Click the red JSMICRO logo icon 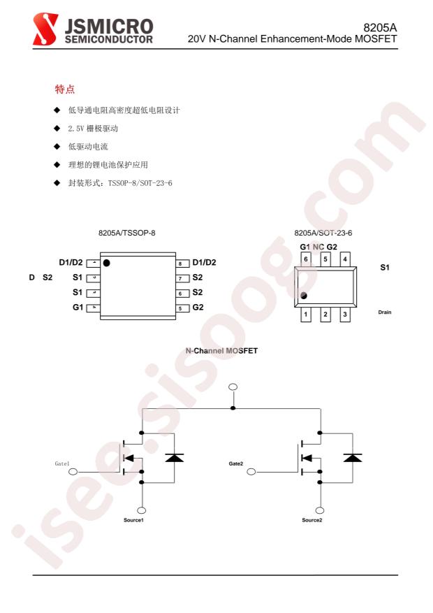45,29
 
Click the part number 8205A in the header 380,28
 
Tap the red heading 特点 65,89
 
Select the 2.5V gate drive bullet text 93,128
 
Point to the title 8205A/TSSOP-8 127,233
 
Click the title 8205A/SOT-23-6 323,233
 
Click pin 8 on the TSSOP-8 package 182,264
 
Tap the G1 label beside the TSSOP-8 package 78,308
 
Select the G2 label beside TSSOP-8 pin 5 198,308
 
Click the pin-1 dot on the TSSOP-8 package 107,263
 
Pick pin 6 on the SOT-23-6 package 306,259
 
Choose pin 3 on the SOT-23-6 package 345,315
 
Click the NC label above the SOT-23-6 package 318,247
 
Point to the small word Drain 385,312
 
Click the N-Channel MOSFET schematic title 221,351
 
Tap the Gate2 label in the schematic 236,463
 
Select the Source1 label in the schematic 133,520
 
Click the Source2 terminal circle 320,510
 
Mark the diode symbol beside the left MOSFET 174,457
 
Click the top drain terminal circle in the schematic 233,387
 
